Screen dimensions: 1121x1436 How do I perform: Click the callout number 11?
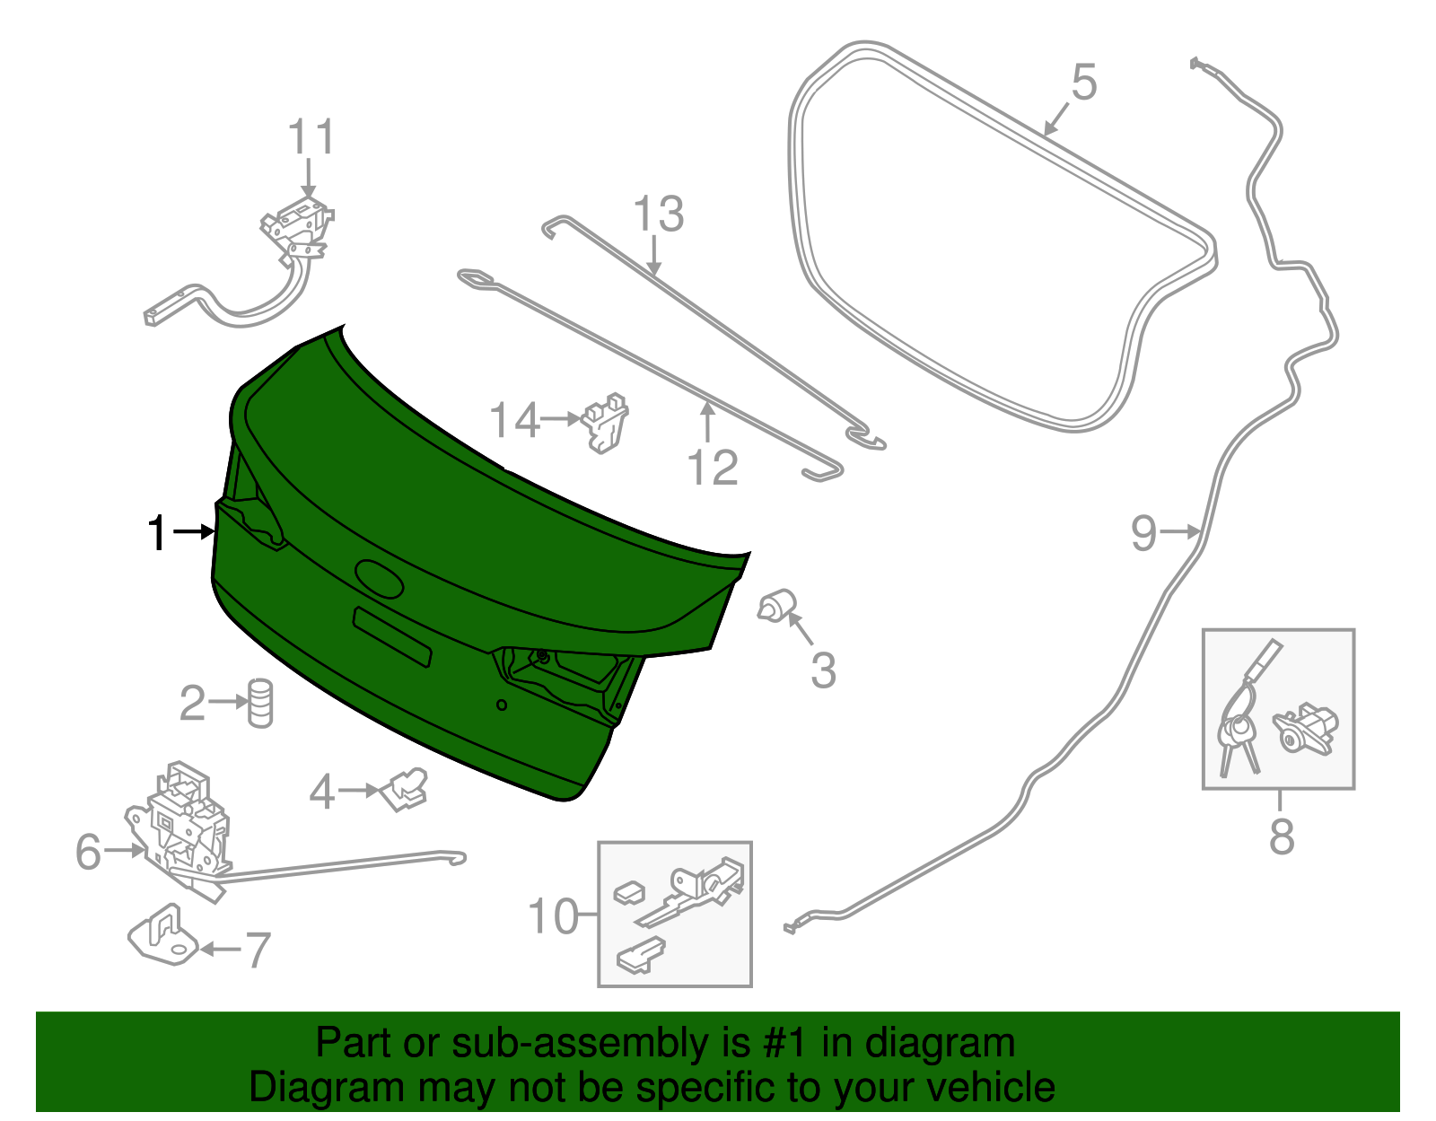coord(311,138)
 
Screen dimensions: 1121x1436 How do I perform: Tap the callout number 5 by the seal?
coord(1084,83)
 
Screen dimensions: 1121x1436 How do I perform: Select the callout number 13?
coord(658,215)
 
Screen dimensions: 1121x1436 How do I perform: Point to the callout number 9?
coord(1143,533)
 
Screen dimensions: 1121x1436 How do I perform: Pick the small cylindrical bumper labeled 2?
coord(259,702)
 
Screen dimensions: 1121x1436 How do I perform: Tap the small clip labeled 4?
coord(406,788)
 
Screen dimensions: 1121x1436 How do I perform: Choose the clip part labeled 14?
coord(607,422)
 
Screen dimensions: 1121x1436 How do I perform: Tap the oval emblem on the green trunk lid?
coord(380,577)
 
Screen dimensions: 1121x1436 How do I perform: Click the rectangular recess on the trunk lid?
coord(392,636)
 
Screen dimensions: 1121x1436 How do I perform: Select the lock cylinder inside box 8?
coord(1305,727)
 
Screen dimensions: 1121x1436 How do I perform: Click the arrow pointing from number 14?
coord(561,418)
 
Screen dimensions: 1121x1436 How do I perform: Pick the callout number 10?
coord(553,916)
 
